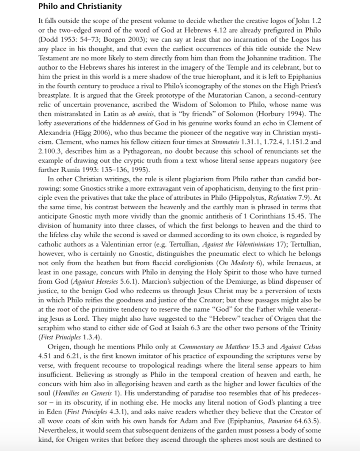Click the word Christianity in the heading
tap(95, 7)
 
